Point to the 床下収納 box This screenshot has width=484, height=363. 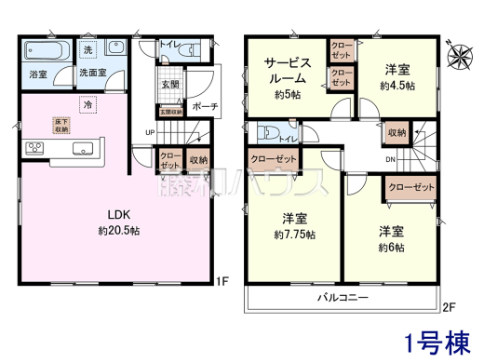[x=60, y=125]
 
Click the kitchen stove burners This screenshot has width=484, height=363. [x=34, y=146]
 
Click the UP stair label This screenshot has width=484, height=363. [x=150, y=132]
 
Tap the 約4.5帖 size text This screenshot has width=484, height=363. [x=399, y=85]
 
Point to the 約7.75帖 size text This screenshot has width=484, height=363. [x=295, y=235]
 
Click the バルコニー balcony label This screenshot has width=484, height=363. [x=342, y=297]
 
